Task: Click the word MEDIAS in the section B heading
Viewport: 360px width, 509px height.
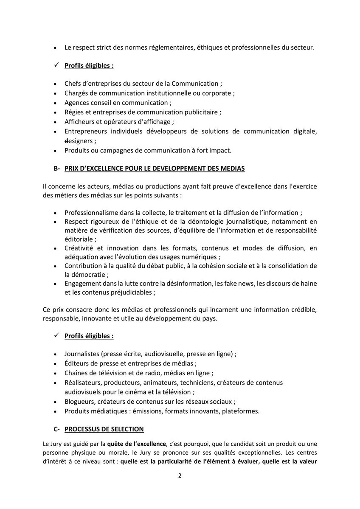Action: pos(233,169)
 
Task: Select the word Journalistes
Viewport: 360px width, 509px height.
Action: pos(82,354)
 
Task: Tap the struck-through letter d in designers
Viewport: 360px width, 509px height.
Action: pos(66,141)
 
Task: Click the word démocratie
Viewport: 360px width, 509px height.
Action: pos(84,275)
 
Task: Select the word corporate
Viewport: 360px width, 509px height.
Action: pos(217,93)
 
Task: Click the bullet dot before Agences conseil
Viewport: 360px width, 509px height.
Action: pos(55,103)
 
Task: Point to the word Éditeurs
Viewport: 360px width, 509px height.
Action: pos(77,363)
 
